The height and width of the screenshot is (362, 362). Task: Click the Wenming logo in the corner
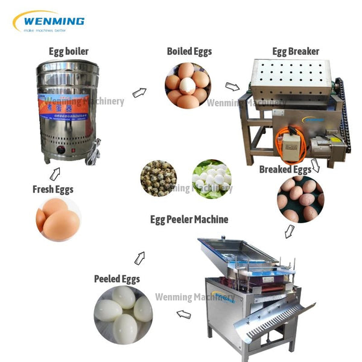[x=48, y=22]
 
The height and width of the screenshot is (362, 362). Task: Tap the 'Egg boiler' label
[x=68, y=51]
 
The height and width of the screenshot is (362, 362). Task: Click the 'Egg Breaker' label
[x=296, y=51]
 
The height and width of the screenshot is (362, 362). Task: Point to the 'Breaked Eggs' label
[x=285, y=170]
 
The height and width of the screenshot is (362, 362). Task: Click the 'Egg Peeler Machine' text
[x=189, y=219]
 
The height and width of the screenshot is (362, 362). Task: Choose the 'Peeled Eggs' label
[x=116, y=279]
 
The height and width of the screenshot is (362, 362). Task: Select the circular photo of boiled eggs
[x=187, y=85]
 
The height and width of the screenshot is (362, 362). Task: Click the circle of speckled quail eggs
[x=159, y=178]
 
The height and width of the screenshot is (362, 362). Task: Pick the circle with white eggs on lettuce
[x=212, y=178]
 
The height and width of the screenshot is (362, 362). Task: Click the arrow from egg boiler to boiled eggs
[x=139, y=92]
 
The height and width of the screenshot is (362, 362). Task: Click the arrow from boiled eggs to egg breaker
[x=232, y=87]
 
